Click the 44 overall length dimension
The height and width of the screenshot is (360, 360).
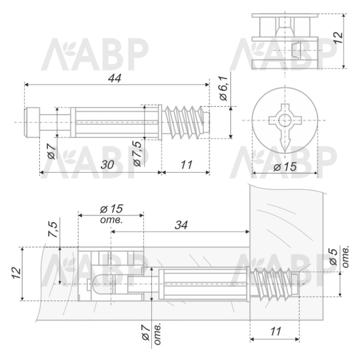(x=115, y=79)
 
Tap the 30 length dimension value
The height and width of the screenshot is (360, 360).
(x=107, y=164)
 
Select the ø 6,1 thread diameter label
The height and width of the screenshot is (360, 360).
(x=223, y=88)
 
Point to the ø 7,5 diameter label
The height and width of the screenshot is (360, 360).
(x=137, y=154)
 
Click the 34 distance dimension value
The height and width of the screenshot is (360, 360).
(x=181, y=225)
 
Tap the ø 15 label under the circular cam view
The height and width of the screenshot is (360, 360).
(x=285, y=167)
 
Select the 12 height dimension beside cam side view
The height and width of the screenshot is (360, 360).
(x=338, y=38)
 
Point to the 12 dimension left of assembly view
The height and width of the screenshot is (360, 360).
(x=16, y=273)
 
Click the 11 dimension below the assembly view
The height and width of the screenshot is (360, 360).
(x=276, y=331)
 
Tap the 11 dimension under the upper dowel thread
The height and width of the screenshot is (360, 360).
(x=186, y=164)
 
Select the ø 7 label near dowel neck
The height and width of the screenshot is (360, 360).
(x=52, y=151)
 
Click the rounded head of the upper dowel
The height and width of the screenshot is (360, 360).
(x=32, y=122)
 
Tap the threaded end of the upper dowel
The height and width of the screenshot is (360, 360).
(x=186, y=122)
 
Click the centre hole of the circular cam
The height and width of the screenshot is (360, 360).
(x=285, y=120)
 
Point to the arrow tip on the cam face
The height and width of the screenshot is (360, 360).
(x=285, y=152)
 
